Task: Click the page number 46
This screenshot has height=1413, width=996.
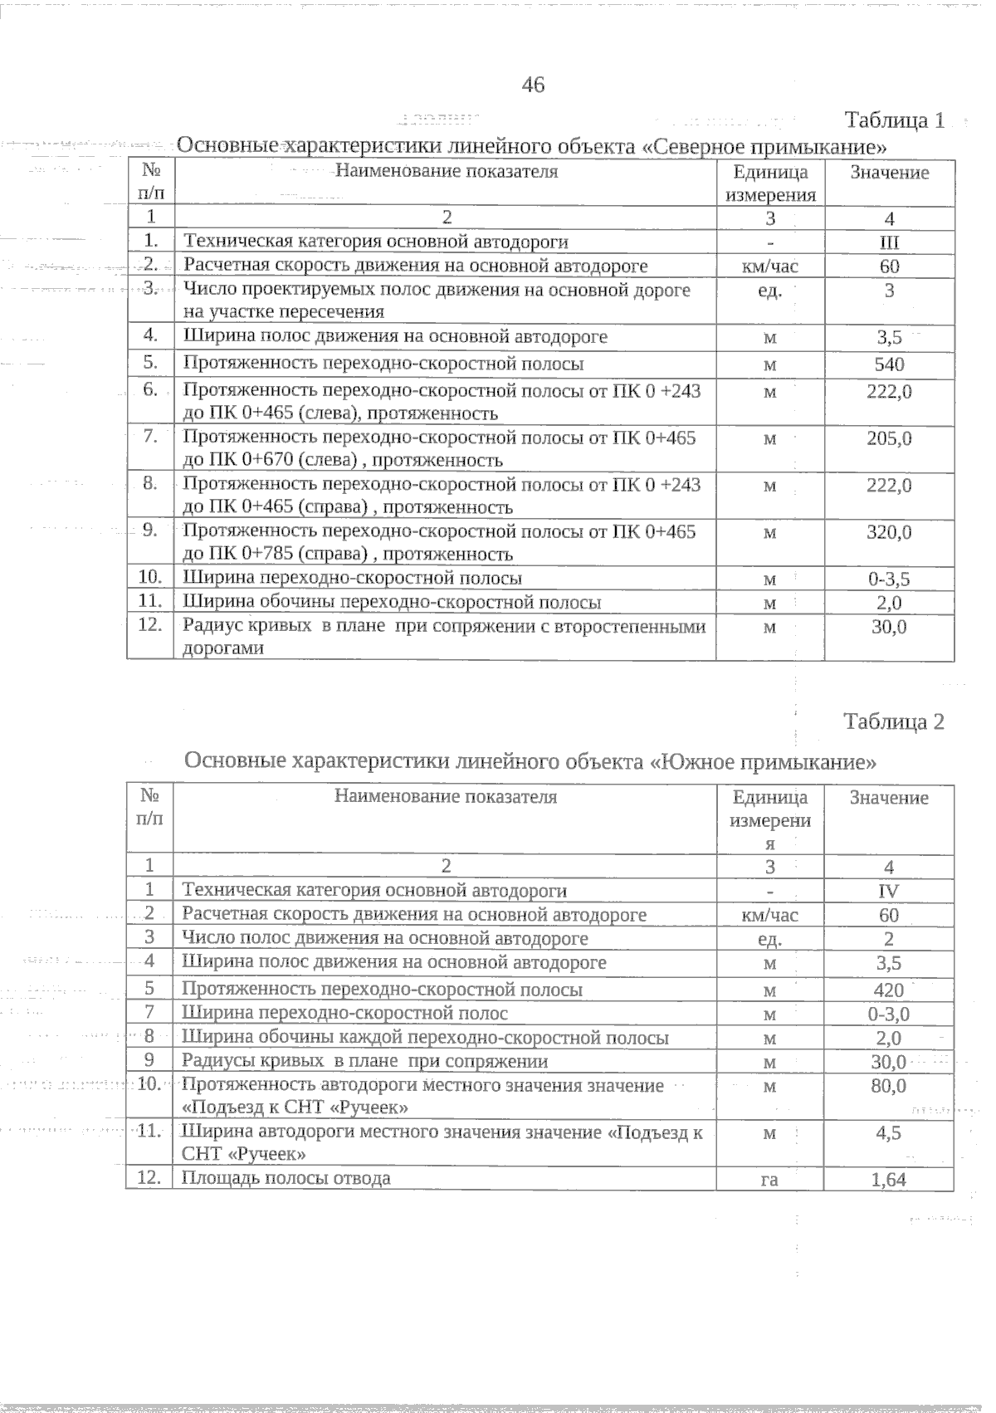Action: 533,84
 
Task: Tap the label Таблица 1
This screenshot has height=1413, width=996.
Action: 894,120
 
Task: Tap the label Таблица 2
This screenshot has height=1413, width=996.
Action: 894,721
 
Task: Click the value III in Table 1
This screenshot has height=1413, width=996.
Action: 889,242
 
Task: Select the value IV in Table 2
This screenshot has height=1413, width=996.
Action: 889,892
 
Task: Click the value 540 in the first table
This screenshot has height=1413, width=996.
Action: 889,364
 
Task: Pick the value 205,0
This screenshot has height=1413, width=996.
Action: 889,438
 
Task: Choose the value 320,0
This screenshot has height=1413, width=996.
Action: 889,532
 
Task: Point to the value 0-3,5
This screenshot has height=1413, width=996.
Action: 889,579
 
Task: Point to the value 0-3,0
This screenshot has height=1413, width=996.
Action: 889,1014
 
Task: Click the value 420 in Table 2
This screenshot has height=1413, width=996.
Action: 889,990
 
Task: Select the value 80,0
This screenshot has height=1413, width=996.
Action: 889,1086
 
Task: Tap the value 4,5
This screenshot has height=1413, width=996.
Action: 889,1133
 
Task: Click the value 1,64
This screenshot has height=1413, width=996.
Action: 889,1180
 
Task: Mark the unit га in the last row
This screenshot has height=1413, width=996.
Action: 769,1180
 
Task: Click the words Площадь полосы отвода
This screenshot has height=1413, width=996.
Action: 286,1178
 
